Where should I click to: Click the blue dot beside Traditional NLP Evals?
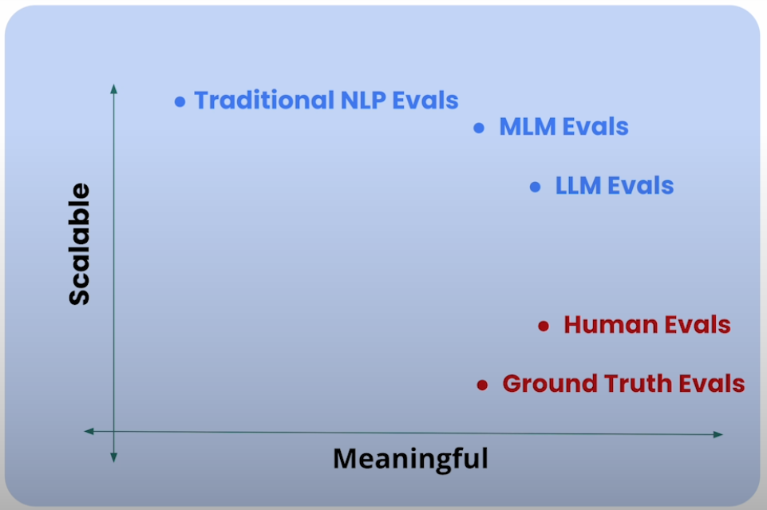pyautogui.click(x=180, y=101)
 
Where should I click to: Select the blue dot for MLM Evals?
pyautogui.click(x=479, y=127)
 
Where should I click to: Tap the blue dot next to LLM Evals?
pyautogui.click(x=536, y=187)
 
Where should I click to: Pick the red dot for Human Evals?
pyautogui.click(x=544, y=326)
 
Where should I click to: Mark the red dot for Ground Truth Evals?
pyautogui.click(x=482, y=385)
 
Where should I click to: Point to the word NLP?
pyautogui.click(x=362, y=101)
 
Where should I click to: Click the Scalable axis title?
pyautogui.click(x=79, y=244)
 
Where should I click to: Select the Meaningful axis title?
pyautogui.click(x=410, y=459)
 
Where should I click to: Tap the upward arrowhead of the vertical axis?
pyautogui.click(x=114, y=87)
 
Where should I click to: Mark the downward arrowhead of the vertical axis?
pyautogui.click(x=114, y=457)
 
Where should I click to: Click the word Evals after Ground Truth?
pyautogui.click(x=712, y=384)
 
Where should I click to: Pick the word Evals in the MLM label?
pyautogui.click(x=596, y=127)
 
